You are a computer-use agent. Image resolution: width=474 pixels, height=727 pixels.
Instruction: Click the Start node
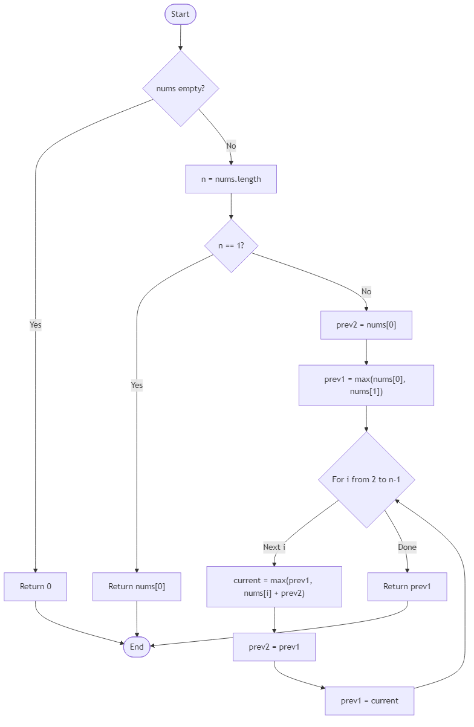click(180, 14)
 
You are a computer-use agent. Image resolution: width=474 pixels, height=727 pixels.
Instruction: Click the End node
click(137, 647)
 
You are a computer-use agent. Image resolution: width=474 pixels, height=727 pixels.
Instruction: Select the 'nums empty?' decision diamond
click(180, 88)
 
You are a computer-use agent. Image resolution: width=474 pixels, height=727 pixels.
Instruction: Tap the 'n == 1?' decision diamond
click(231, 246)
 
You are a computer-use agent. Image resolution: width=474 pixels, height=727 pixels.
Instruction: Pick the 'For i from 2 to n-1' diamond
click(366, 479)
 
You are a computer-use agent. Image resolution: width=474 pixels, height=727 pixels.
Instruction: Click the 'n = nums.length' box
click(231, 179)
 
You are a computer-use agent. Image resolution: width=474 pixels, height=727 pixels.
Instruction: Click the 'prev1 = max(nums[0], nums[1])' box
click(366, 385)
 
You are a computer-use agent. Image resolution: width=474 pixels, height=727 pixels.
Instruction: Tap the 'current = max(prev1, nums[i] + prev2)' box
click(274, 586)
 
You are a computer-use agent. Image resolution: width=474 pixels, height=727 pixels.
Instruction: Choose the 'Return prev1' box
click(407, 586)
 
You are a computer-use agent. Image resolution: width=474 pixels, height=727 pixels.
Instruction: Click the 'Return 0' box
click(35, 586)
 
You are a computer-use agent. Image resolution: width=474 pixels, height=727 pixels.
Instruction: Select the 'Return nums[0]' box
click(137, 586)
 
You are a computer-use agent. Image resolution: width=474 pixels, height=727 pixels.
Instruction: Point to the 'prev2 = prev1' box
click(274, 647)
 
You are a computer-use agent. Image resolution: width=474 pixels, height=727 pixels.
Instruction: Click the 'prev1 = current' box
click(369, 700)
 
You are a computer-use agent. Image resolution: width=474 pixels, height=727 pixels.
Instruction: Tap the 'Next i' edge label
click(274, 547)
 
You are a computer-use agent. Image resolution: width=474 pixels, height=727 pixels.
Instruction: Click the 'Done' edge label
click(407, 547)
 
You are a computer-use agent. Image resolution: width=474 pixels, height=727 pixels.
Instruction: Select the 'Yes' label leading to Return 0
click(35, 325)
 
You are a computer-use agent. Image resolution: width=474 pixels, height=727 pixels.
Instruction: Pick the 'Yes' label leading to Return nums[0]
click(137, 385)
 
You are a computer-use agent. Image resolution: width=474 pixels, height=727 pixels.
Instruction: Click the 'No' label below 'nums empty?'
click(231, 146)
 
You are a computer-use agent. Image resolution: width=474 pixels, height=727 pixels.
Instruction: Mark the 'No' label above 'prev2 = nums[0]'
click(366, 292)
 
